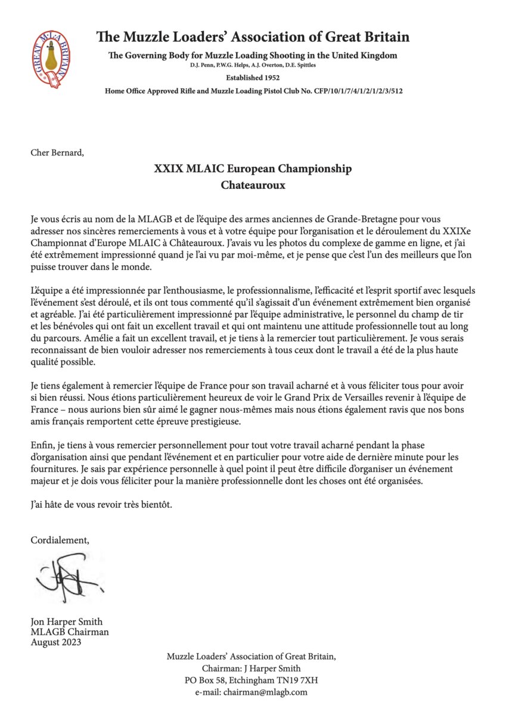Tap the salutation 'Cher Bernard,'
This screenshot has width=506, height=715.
57,152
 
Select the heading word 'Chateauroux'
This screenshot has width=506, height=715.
253,185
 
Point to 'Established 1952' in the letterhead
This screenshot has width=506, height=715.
253,77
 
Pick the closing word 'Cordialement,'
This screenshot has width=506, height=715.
60,540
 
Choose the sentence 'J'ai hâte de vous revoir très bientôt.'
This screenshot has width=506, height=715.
101,505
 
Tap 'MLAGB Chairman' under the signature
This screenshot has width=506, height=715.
69,632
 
